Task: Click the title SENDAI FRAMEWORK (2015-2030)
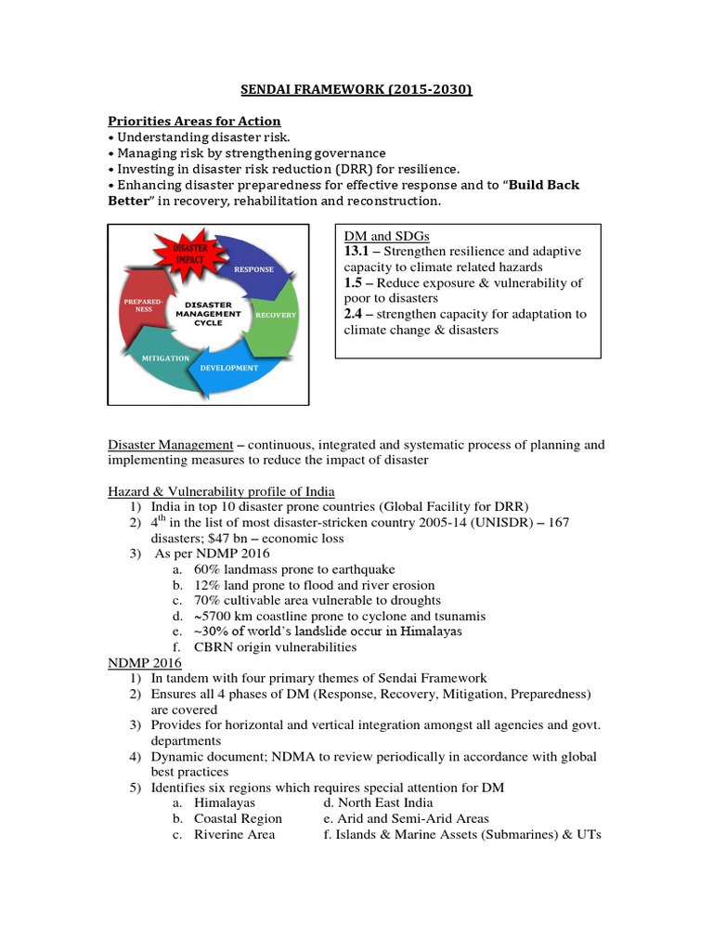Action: tap(356, 90)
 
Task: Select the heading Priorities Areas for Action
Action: tap(194, 122)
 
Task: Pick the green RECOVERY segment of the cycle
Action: tap(276, 315)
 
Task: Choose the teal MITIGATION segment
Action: tap(165, 358)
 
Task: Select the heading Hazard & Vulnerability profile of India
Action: tap(222, 491)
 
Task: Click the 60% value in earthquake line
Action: tap(207, 569)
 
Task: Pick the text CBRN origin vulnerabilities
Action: tap(275, 647)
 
